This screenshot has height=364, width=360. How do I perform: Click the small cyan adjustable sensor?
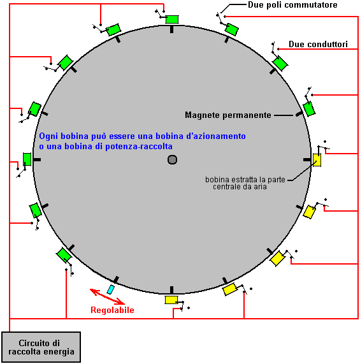coord(111,289)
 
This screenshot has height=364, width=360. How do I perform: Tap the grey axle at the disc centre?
coord(172,160)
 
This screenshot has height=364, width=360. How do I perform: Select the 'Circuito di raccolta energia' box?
coord(41,347)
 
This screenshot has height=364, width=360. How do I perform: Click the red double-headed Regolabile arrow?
coord(107,296)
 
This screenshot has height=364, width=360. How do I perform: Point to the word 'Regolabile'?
coord(112,310)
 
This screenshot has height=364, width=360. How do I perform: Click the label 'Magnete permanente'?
coord(227,115)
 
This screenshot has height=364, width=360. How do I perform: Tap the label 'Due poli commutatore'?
coord(292,5)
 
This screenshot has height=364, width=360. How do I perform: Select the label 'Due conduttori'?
coord(318,45)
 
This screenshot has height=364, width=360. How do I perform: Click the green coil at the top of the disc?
coord(172,19)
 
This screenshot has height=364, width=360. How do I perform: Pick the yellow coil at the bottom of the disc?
coord(171,300)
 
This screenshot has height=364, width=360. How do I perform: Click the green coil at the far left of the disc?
coord(27,159)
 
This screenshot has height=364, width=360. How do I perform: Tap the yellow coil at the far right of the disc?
coord(317,160)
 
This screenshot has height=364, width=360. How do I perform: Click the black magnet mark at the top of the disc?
coord(171,29)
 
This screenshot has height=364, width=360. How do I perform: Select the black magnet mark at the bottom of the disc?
coord(171,290)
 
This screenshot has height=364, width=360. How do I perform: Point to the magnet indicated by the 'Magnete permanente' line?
coord(299,113)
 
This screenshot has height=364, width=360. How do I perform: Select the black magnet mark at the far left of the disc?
coord(37,160)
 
